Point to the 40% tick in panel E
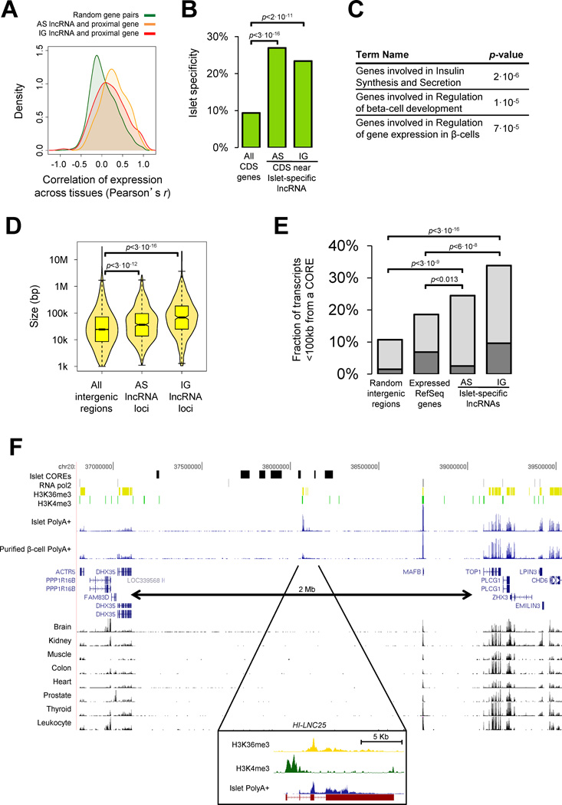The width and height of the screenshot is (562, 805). point(353,246)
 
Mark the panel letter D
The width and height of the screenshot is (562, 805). point(12,228)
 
